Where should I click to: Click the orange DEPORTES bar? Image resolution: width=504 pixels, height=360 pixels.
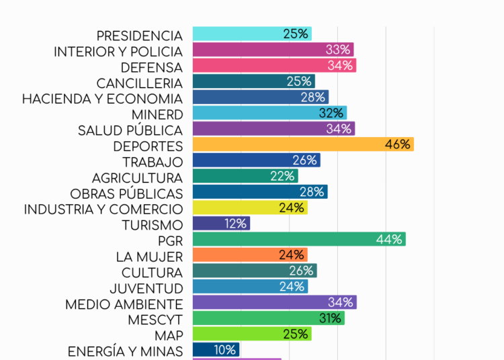(x=302, y=144)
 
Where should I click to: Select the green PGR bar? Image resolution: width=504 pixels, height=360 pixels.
(x=298, y=239)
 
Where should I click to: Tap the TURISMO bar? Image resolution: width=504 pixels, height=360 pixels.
(x=221, y=224)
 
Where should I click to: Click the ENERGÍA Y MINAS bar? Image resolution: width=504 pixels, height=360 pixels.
(x=216, y=350)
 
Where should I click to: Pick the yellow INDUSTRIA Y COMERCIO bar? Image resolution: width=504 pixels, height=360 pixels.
(x=249, y=208)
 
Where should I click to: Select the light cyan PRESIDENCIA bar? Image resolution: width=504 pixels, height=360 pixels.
(x=251, y=34)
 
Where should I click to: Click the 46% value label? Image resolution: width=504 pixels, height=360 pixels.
(x=397, y=144)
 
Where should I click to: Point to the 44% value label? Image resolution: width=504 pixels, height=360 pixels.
(x=389, y=239)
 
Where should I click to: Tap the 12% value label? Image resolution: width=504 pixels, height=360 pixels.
(x=235, y=224)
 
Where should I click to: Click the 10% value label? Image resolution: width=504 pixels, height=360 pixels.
(x=225, y=350)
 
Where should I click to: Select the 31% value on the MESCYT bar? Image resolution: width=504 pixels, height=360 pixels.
(x=330, y=318)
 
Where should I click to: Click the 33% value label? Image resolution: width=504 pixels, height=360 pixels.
(x=338, y=50)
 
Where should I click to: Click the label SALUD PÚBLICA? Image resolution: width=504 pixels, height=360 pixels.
(x=130, y=130)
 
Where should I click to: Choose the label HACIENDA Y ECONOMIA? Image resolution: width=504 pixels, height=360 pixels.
(x=102, y=99)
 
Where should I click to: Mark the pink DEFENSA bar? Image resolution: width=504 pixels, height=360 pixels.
(x=274, y=65)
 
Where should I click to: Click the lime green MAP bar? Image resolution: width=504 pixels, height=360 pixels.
(x=251, y=334)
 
